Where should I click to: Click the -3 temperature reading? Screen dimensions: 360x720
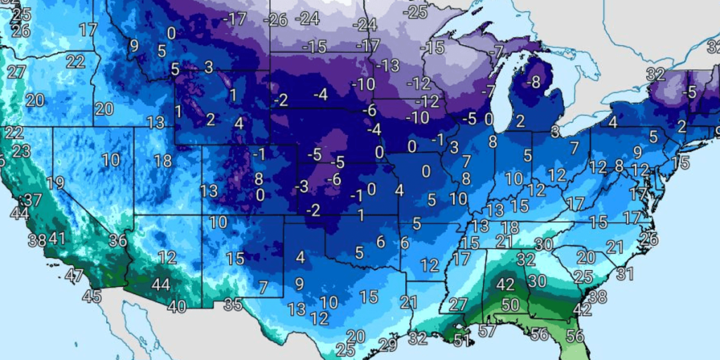tap(302, 186)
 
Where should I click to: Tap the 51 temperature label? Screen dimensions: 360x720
tap(461, 340)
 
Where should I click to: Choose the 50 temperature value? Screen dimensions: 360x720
tap(510, 304)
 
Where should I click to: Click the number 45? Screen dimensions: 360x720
tap(91, 297)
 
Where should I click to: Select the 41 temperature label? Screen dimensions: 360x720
tap(57, 238)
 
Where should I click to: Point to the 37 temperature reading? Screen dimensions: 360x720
tap(32, 200)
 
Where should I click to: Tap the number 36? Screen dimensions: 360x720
tap(117, 240)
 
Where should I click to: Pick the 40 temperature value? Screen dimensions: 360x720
tap(176, 306)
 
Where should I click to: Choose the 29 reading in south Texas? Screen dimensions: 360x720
tap(387, 344)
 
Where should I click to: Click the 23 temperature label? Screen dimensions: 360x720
tap(21, 151)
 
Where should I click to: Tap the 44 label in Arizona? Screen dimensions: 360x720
tap(160, 284)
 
